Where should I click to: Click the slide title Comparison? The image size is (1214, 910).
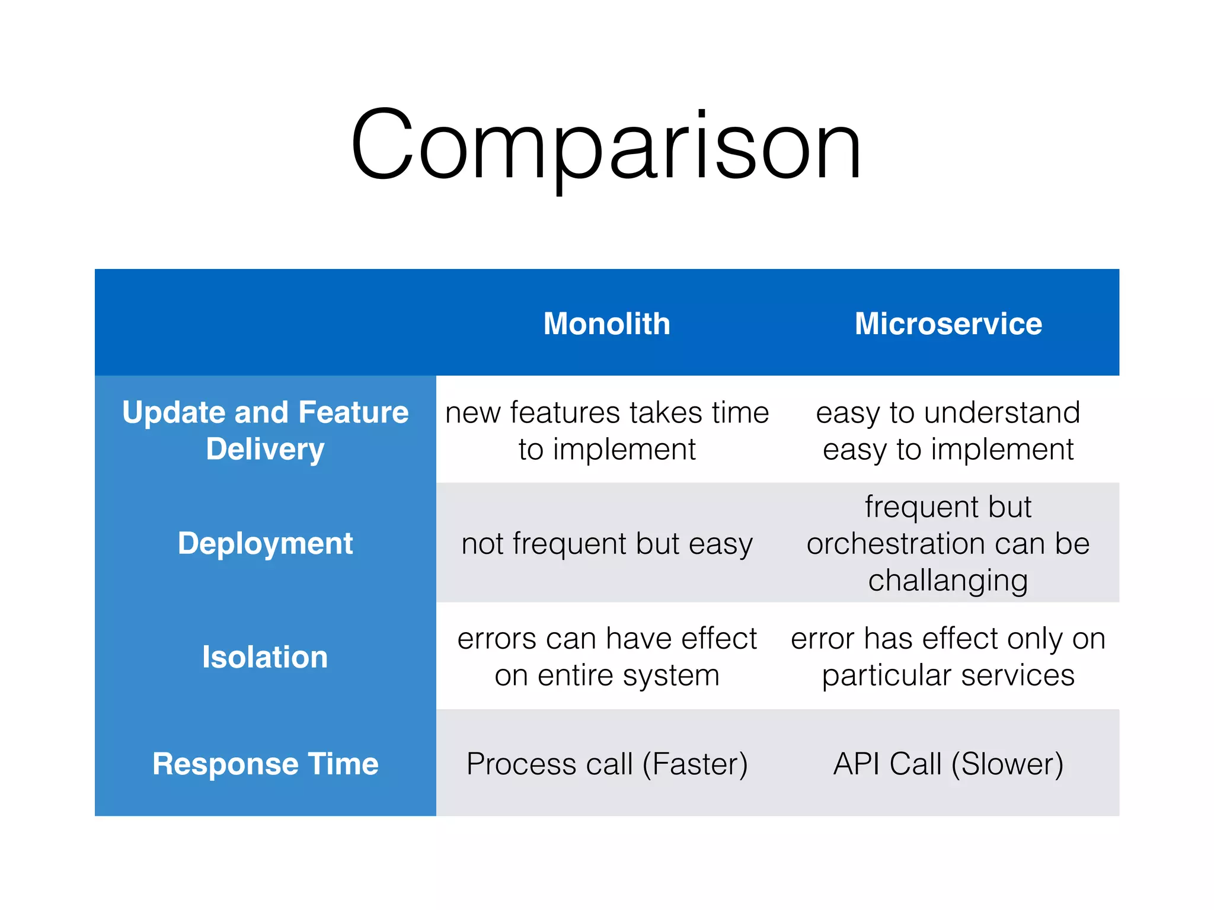(x=606, y=145)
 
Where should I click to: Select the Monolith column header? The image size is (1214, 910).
(x=606, y=323)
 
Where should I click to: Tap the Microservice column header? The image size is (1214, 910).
(x=948, y=323)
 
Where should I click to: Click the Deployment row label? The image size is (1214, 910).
(x=265, y=543)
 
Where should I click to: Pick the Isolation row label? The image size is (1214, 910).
(x=264, y=656)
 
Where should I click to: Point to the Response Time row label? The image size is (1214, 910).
(x=265, y=763)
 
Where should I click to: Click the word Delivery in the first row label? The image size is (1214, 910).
(x=265, y=449)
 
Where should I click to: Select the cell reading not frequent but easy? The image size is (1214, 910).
(x=606, y=544)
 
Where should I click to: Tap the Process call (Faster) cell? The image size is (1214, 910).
(x=606, y=764)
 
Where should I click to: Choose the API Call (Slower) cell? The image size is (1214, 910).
(x=948, y=764)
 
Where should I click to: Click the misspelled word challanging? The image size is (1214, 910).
(x=948, y=581)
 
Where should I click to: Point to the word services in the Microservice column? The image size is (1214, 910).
(x=1018, y=675)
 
